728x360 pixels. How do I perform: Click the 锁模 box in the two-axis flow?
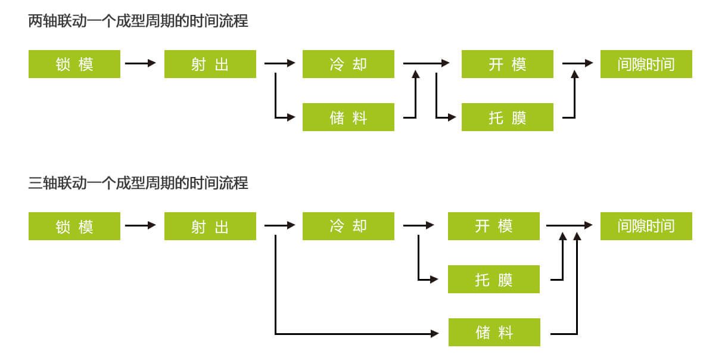click(74, 64)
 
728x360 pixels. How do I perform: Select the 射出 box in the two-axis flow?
click(210, 64)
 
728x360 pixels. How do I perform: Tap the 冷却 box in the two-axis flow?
click(349, 64)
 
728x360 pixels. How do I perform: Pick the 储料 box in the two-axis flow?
click(349, 117)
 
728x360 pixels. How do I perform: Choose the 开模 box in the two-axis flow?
click(508, 64)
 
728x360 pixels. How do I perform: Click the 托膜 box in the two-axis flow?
click(508, 117)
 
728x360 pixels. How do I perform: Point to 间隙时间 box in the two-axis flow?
click(646, 64)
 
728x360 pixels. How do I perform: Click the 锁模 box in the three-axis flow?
click(74, 226)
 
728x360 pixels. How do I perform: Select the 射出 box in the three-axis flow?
click(210, 226)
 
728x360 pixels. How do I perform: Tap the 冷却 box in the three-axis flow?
click(349, 226)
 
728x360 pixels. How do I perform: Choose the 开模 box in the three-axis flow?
click(494, 226)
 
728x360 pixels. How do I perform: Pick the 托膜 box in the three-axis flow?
click(494, 279)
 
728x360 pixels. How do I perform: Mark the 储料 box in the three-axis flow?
click(494, 332)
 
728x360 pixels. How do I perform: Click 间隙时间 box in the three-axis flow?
click(646, 226)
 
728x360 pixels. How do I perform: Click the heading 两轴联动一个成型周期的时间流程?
click(138, 21)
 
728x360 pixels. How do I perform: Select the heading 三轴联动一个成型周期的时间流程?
click(138, 182)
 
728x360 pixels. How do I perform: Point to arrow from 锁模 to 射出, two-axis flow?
click(141, 63)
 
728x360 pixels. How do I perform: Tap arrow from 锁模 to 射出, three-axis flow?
click(141, 225)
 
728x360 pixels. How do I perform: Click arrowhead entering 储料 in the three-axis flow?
click(435, 334)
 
